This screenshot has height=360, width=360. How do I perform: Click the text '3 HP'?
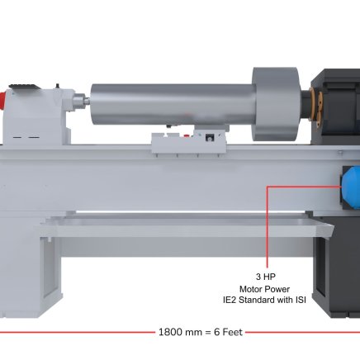(x=265, y=277)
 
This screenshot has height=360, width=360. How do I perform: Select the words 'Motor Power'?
(x=264, y=289)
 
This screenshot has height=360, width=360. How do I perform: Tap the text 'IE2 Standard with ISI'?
(x=264, y=300)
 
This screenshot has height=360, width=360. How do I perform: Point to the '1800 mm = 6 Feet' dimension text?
(x=201, y=332)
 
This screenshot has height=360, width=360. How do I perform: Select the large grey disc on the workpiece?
(x=275, y=104)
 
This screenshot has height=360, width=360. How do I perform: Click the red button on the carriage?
(x=187, y=135)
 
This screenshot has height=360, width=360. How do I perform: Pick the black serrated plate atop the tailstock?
(x=24, y=87)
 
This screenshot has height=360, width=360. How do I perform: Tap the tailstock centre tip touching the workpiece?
(x=88, y=101)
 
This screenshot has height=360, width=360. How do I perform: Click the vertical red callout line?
(x=267, y=227)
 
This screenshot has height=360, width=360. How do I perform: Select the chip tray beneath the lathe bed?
(x=187, y=225)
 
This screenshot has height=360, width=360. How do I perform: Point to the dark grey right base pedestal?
(x=337, y=267)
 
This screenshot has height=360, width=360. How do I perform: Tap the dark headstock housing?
(x=336, y=106)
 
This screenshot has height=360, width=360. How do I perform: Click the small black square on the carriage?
(x=210, y=137)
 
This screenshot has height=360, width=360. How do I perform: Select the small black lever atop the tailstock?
(x=58, y=86)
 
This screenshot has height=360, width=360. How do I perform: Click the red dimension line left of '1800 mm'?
(x=78, y=332)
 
